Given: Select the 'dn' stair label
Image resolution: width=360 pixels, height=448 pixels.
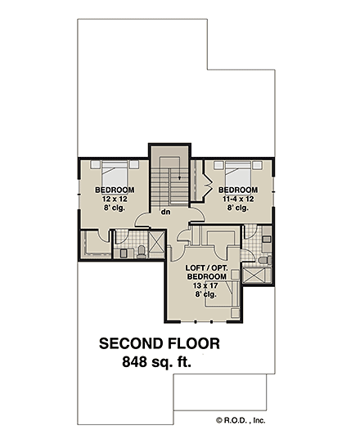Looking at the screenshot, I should [164, 212].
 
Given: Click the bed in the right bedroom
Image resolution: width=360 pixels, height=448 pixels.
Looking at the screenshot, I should [237, 173].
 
